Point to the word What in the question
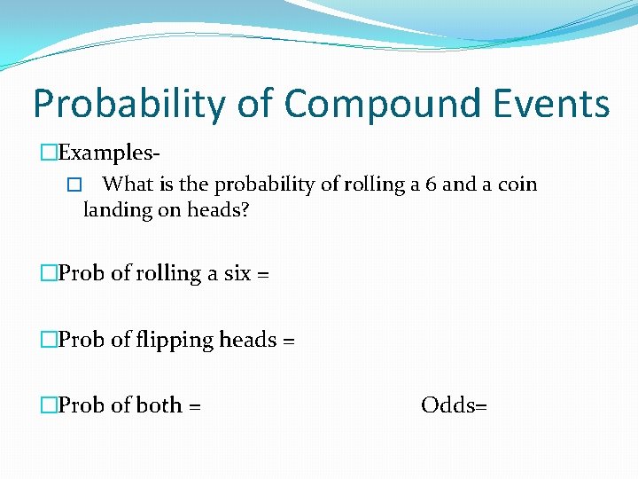pos(128,185)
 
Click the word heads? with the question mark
pos(218,210)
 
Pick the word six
pos(237,274)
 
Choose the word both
pos(159,405)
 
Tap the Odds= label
pos(454,405)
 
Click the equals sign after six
pos(262,275)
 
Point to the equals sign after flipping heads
pos(288,341)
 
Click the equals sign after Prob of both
pos(195,406)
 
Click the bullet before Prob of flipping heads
pos(49,341)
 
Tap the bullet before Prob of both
pos(49,406)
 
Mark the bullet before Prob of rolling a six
pos(49,275)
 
